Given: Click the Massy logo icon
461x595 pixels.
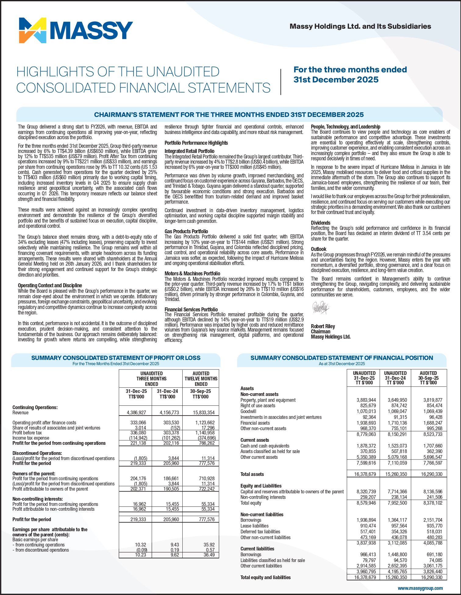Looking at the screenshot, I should (x=33, y=30).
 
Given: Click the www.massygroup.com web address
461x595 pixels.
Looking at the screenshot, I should (x=420, y=588).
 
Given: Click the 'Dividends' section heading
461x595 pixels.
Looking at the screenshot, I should (x=320, y=223).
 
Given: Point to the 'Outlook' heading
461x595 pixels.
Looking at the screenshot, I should (x=319, y=249).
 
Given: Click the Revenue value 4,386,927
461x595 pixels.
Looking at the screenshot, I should (x=136, y=412).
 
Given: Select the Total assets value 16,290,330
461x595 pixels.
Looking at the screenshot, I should (x=431, y=474).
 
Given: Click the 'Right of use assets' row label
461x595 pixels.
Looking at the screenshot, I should (x=258, y=406).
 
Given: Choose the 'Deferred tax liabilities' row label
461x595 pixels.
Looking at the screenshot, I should (x=260, y=532).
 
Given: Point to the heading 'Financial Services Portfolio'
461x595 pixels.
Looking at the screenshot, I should (x=191, y=310).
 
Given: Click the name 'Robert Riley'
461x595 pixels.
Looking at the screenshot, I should (x=323, y=326).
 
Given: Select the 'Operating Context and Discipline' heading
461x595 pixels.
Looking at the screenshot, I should (x=50, y=285).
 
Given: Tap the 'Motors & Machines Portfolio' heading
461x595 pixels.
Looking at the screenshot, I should (x=192, y=274).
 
